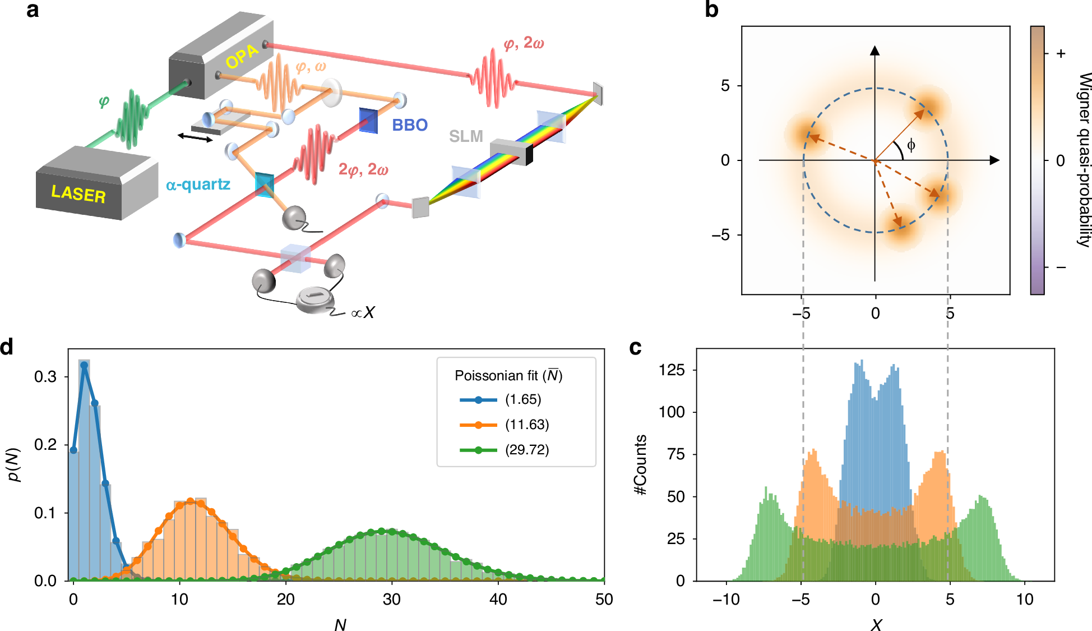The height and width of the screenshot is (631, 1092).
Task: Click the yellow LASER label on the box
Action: pos(78,194)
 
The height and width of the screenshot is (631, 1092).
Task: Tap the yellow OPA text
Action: pos(242,56)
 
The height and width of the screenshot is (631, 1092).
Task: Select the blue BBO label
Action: pos(410,125)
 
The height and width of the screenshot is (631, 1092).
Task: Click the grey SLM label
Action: pos(466,136)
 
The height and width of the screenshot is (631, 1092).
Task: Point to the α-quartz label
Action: pos(198,185)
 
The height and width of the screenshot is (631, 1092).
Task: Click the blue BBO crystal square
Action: pos(368,120)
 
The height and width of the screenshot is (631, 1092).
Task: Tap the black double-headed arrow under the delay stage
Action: pos(195,137)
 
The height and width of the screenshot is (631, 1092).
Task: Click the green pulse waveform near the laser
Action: pos(132,118)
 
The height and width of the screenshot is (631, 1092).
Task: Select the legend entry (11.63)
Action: pos(526,425)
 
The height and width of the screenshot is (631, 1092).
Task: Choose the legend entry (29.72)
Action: pos(526,450)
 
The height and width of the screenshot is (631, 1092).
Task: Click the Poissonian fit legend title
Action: pos(508,375)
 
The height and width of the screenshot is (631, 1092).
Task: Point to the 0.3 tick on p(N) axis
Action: pos(45,376)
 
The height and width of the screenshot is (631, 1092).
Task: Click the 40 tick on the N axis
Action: pos(498,600)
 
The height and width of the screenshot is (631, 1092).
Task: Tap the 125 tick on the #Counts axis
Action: pos(671,370)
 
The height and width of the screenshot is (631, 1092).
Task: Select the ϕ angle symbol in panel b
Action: pos(911,145)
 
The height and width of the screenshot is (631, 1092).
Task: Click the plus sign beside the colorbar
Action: pos(1061,54)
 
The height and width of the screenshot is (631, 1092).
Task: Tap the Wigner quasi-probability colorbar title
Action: pos(1084,160)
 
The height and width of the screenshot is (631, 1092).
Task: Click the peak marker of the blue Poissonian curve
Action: pos(84,365)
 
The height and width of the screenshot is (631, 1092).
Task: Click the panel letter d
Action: pos(7,347)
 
